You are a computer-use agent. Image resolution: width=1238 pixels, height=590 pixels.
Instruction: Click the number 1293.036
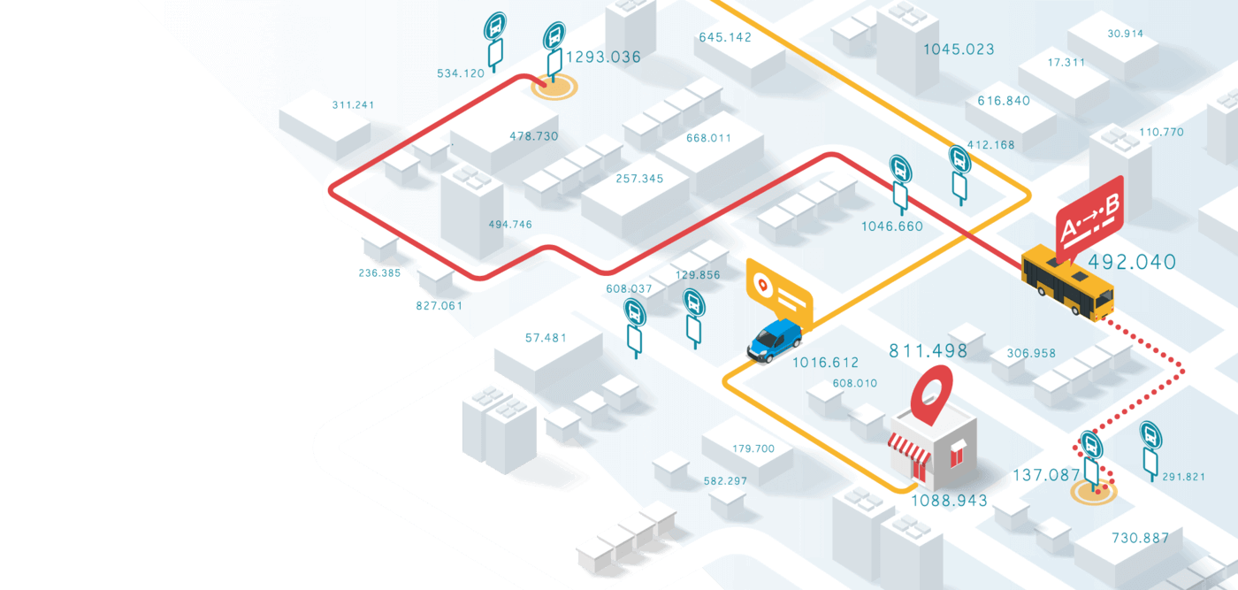click(x=603, y=57)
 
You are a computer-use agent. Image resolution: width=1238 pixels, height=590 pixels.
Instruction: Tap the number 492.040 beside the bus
click(x=1132, y=262)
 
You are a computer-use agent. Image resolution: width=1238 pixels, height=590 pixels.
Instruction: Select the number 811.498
click(x=928, y=350)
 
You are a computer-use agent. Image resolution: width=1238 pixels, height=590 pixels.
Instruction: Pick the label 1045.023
click(x=959, y=50)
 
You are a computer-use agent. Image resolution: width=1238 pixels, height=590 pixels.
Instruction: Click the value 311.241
click(x=353, y=105)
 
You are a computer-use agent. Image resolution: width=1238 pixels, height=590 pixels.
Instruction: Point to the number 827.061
click(x=439, y=306)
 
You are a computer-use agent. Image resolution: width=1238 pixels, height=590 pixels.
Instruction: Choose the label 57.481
click(x=546, y=338)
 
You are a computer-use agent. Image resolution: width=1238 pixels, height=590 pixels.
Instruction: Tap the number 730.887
click(x=1140, y=538)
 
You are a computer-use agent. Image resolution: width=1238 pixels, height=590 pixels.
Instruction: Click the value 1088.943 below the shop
click(x=949, y=501)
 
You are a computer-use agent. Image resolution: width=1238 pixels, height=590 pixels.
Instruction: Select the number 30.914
click(x=1125, y=34)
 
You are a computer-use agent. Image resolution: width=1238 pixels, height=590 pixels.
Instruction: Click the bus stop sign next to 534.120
click(x=495, y=42)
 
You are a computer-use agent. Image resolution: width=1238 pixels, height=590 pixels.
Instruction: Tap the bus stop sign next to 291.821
click(x=1150, y=450)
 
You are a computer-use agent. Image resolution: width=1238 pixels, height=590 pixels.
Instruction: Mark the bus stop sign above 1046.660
click(x=900, y=185)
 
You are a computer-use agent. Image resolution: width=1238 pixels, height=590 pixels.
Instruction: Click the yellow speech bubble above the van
click(x=779, y=293)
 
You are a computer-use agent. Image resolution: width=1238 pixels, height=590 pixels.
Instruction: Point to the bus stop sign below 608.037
click(x=635, y=328)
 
